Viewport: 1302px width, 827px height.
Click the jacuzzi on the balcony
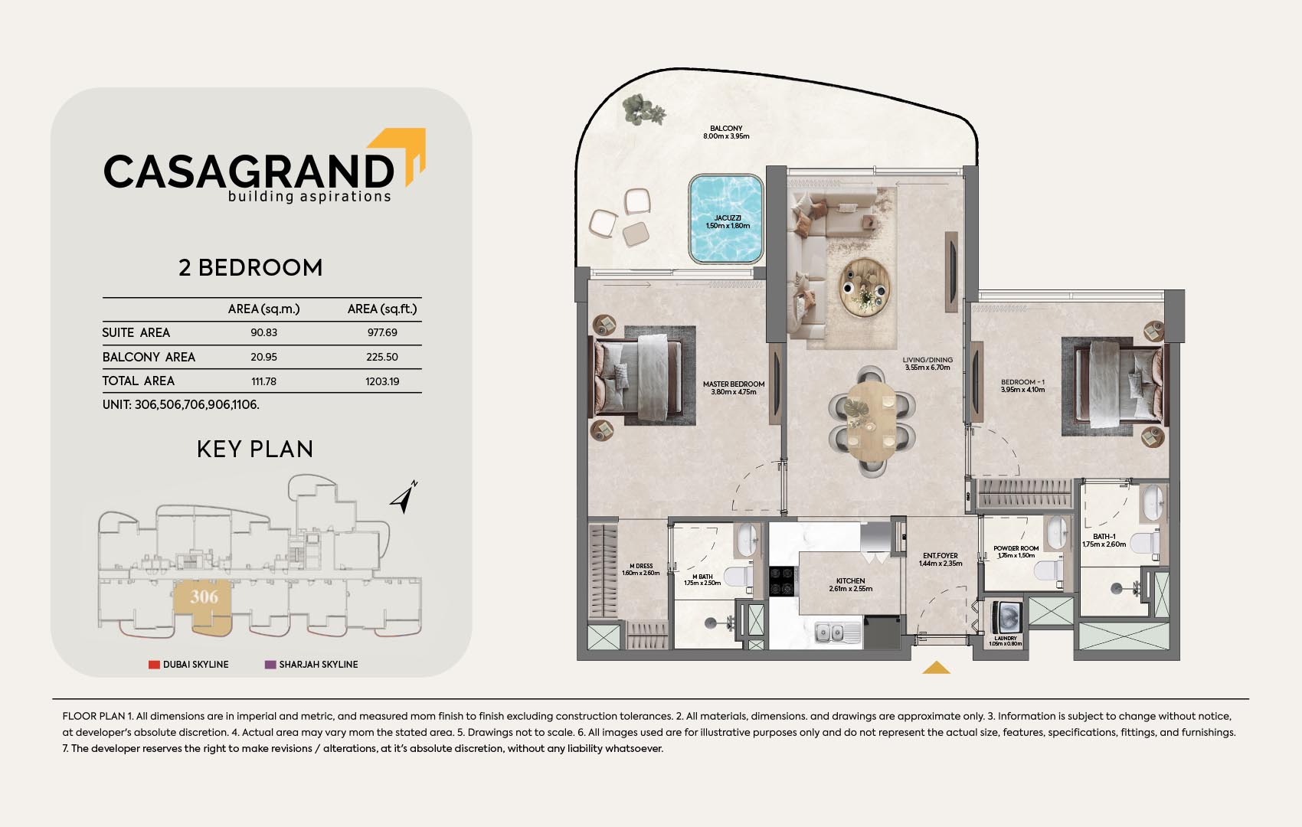tap(726, 219)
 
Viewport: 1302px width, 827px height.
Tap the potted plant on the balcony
tap(643, 110)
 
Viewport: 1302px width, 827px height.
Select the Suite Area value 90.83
tap(264, 332)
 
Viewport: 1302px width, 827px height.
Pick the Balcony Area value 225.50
tap(382, 357)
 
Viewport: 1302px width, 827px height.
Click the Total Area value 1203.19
tap(382, 381)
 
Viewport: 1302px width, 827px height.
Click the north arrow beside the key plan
tap(404, 498)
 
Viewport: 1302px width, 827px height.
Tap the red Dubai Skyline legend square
tap(154, 664)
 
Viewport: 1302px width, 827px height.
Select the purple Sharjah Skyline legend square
tap(270, 664)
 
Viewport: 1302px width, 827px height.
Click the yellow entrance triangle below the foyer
tap(936, 668)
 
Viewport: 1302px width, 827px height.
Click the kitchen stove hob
tap(783, 581)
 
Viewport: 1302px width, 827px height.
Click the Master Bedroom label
tap(734, 387)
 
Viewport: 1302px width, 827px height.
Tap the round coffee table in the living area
tap(865, 288)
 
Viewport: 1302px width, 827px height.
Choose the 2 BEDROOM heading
tap(250, 268)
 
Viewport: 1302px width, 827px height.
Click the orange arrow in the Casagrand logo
tap(401, 154)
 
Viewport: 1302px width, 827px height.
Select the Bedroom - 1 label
tap(1023, 386)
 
